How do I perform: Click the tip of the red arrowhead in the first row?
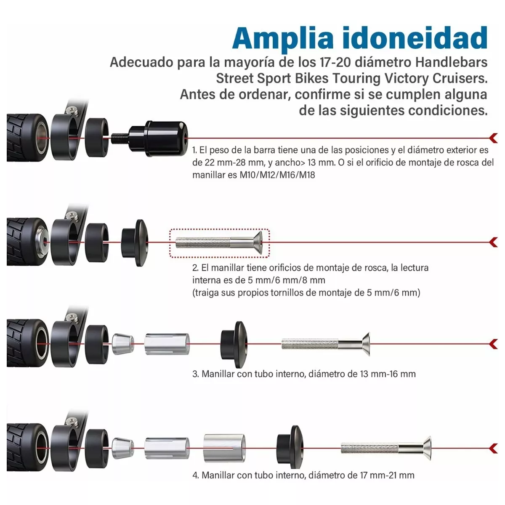(490, 138)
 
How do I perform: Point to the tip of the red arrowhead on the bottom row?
(490, 448)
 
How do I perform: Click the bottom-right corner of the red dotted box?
(269, 257)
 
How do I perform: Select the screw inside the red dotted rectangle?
(219, 242)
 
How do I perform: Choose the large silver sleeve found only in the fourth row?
(225, 448)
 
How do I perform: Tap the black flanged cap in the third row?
(234, 344)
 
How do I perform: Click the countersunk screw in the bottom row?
(386, 448)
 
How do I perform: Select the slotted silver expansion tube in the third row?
(167, 344)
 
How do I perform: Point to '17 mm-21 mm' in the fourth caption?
(387, 475)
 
